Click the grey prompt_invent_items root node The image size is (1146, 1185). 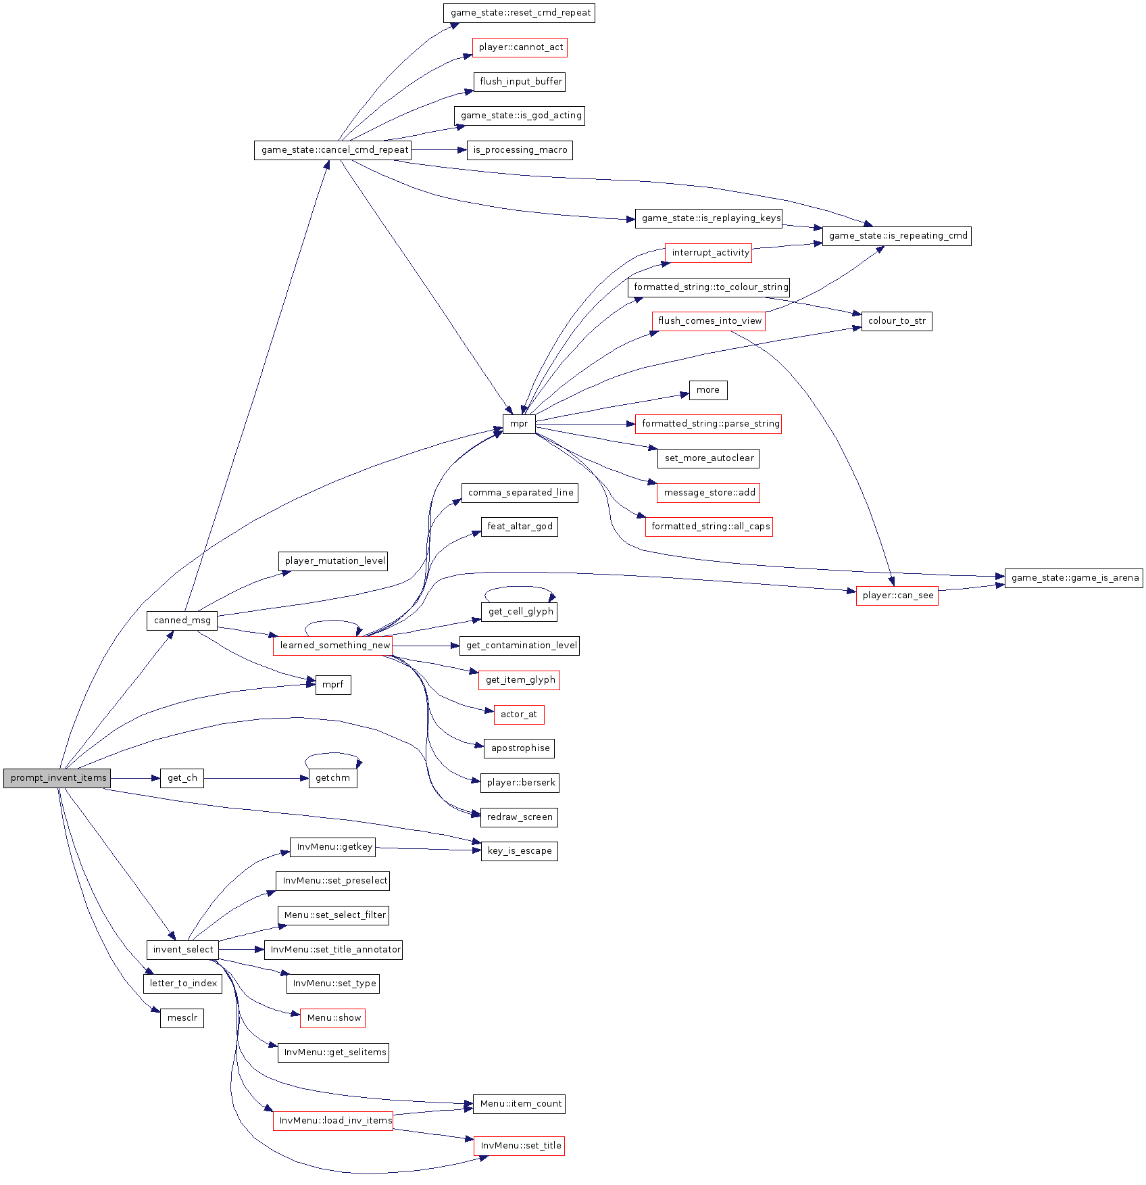point(57,778)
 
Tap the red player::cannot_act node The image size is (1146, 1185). point(520,47)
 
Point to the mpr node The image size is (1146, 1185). point(519,424)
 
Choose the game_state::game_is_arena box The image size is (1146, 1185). point(1074,578)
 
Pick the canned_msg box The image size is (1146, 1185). point(182,621)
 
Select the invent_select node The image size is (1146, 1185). point(182,950)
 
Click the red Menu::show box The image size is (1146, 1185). point(333,1018)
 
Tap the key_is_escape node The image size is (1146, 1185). point(519,851)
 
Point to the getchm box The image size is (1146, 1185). point(332,778)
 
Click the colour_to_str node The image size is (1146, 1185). point(897,321)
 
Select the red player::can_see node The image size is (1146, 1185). point(897,596)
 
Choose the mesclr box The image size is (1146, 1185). point(182,1018)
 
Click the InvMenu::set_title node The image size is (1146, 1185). point(520,1146)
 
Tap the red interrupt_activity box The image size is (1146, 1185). point(709,253)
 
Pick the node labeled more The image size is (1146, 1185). point(708,390)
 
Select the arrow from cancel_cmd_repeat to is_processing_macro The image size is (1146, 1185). point(439,150)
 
